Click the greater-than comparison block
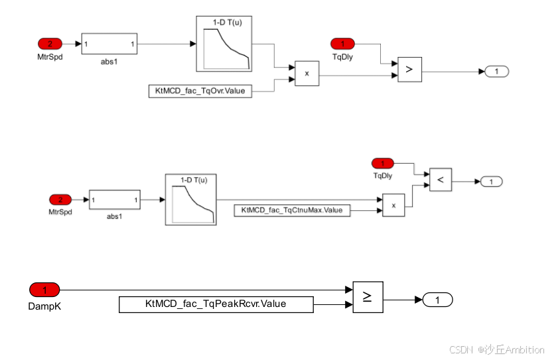409,69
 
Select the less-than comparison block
441,179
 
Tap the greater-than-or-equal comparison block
368,298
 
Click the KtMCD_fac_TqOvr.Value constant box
200,91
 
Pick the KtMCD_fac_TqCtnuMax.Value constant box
292,210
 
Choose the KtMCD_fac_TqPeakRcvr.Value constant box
216,304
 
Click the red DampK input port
45,290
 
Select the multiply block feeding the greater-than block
307,74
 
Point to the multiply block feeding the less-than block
393,205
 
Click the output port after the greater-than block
496,71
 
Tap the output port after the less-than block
491,181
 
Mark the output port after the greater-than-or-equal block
437,300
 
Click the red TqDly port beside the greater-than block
342,44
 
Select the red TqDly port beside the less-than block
382,163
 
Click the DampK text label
45,306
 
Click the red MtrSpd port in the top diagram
49,44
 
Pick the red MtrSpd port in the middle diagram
60,200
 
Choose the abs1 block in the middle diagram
115,200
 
